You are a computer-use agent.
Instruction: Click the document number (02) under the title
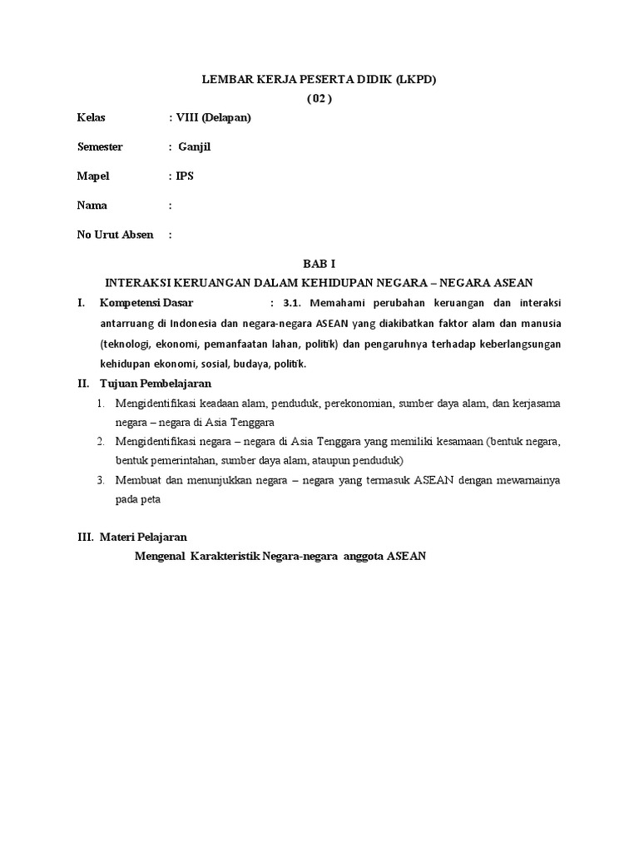click(319, 98)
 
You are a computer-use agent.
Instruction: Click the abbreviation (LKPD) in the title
click(409, 79)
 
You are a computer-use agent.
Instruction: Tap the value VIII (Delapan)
click(213, 117)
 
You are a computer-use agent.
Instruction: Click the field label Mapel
click(93, 176)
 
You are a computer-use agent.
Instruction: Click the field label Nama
click(92, 206)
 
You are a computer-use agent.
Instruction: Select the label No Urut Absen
click(116, 235)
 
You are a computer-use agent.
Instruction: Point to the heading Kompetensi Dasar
click(146, 302)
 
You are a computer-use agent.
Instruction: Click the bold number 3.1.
click(295, 302)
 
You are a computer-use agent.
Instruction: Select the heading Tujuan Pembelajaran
click(156, 384)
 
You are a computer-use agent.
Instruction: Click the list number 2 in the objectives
click(99, 440)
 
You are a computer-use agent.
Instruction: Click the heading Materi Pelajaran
click(149, 537)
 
